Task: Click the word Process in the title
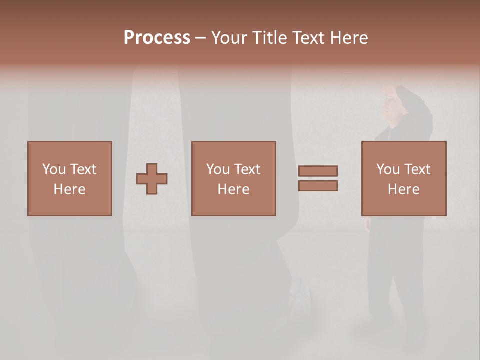[157, 38]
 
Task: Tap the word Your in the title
[229, 38]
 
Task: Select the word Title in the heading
[268, 38]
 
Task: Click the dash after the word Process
[200, 38]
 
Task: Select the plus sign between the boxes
[152, 178]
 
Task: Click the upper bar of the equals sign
[318, 171]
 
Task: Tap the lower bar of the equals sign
[318, 186]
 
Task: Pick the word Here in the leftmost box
[69, 189]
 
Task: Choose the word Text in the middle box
[247, 169]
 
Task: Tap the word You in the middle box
[218, 169]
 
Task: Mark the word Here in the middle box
[233, 189]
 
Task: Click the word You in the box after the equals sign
[388, 169]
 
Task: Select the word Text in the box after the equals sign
[417, 169]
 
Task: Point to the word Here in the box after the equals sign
[403, 189]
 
